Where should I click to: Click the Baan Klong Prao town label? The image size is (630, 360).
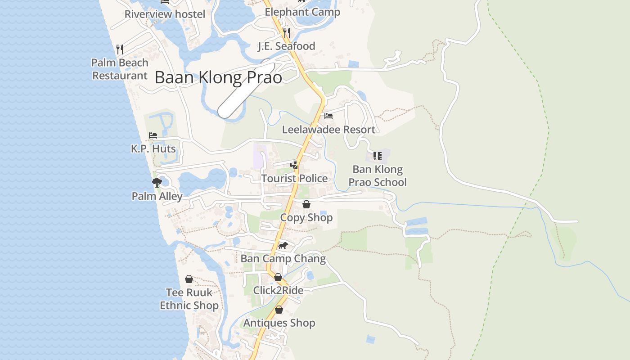pyautogui.click(x=218, y=77)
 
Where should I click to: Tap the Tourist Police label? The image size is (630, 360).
pyautogui.click(x=294, y=178)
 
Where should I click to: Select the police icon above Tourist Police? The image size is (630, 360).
pyautogui.click(x=294, y=165)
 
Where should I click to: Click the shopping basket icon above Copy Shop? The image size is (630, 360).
pyautogui.click(x=306, y=204)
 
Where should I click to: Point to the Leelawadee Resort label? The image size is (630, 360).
pyautogui.click(x=328, y=130)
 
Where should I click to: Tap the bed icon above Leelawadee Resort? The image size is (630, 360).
pyautogui.click(x=328, y=116)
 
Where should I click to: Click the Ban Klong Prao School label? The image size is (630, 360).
pyautogui.click(x=378, y=175)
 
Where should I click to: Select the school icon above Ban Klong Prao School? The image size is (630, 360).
pyautogui.click(x=378, y=156)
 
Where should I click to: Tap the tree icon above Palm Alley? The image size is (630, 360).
pyautogui.click(x=157, y=182)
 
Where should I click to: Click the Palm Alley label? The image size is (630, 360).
pyautogui.click(x=157, y=196)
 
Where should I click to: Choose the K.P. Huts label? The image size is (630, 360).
pyautogui.click(x=153, y=148)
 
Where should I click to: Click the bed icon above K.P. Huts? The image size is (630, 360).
pyautogui.click(x=153, y=135)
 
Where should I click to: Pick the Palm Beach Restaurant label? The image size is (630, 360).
pyautogui.click(x=120, y=69)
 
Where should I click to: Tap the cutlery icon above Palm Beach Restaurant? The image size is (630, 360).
pyautogui.click(x=120, y=49)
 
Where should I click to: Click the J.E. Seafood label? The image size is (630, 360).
pyautogui.click(x=286, y=46)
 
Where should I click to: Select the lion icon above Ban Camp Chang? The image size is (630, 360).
pyautogui.click(x=283, y=245)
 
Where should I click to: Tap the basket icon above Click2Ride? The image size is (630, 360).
pyautogui.click(x=278, y=277)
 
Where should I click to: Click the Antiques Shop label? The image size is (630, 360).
pyautogui.click(x=279, y=323)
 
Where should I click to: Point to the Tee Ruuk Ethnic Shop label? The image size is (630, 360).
pyautogui.click(x=189, y=299)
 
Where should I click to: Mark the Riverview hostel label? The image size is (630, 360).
pyautogui.click(x=165, y=14)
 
